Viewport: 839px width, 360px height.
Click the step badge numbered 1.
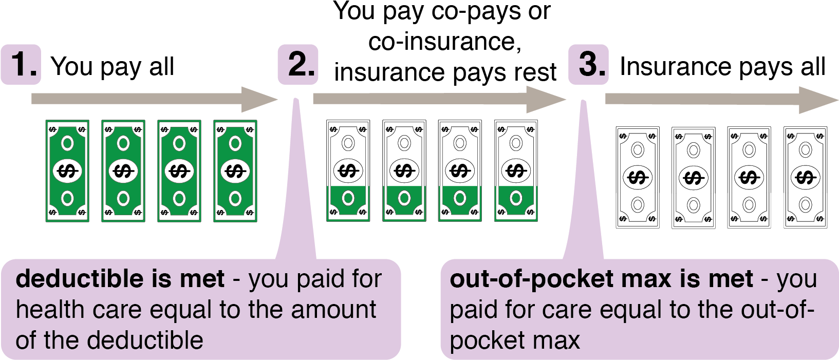tap(21, 65)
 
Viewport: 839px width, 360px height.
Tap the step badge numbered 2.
tap(298, 65)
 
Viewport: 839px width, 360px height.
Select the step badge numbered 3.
tap(588, 65)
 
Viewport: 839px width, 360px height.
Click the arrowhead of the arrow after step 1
tap(259, 99)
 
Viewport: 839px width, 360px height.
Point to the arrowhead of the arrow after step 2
tap(546, 99)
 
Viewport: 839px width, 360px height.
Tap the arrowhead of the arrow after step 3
tap(818, 100)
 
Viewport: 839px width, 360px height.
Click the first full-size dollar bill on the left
tap(67, 171)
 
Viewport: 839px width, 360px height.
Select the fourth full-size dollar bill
tap(235, 171)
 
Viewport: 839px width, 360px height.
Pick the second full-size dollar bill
tap(123, 171)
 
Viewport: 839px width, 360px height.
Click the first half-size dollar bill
tap(348, 203)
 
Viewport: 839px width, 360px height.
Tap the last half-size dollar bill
tap(516, 203)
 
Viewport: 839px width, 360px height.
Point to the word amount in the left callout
tap(333, 310)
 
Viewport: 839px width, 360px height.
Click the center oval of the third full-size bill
tap(179, 171)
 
